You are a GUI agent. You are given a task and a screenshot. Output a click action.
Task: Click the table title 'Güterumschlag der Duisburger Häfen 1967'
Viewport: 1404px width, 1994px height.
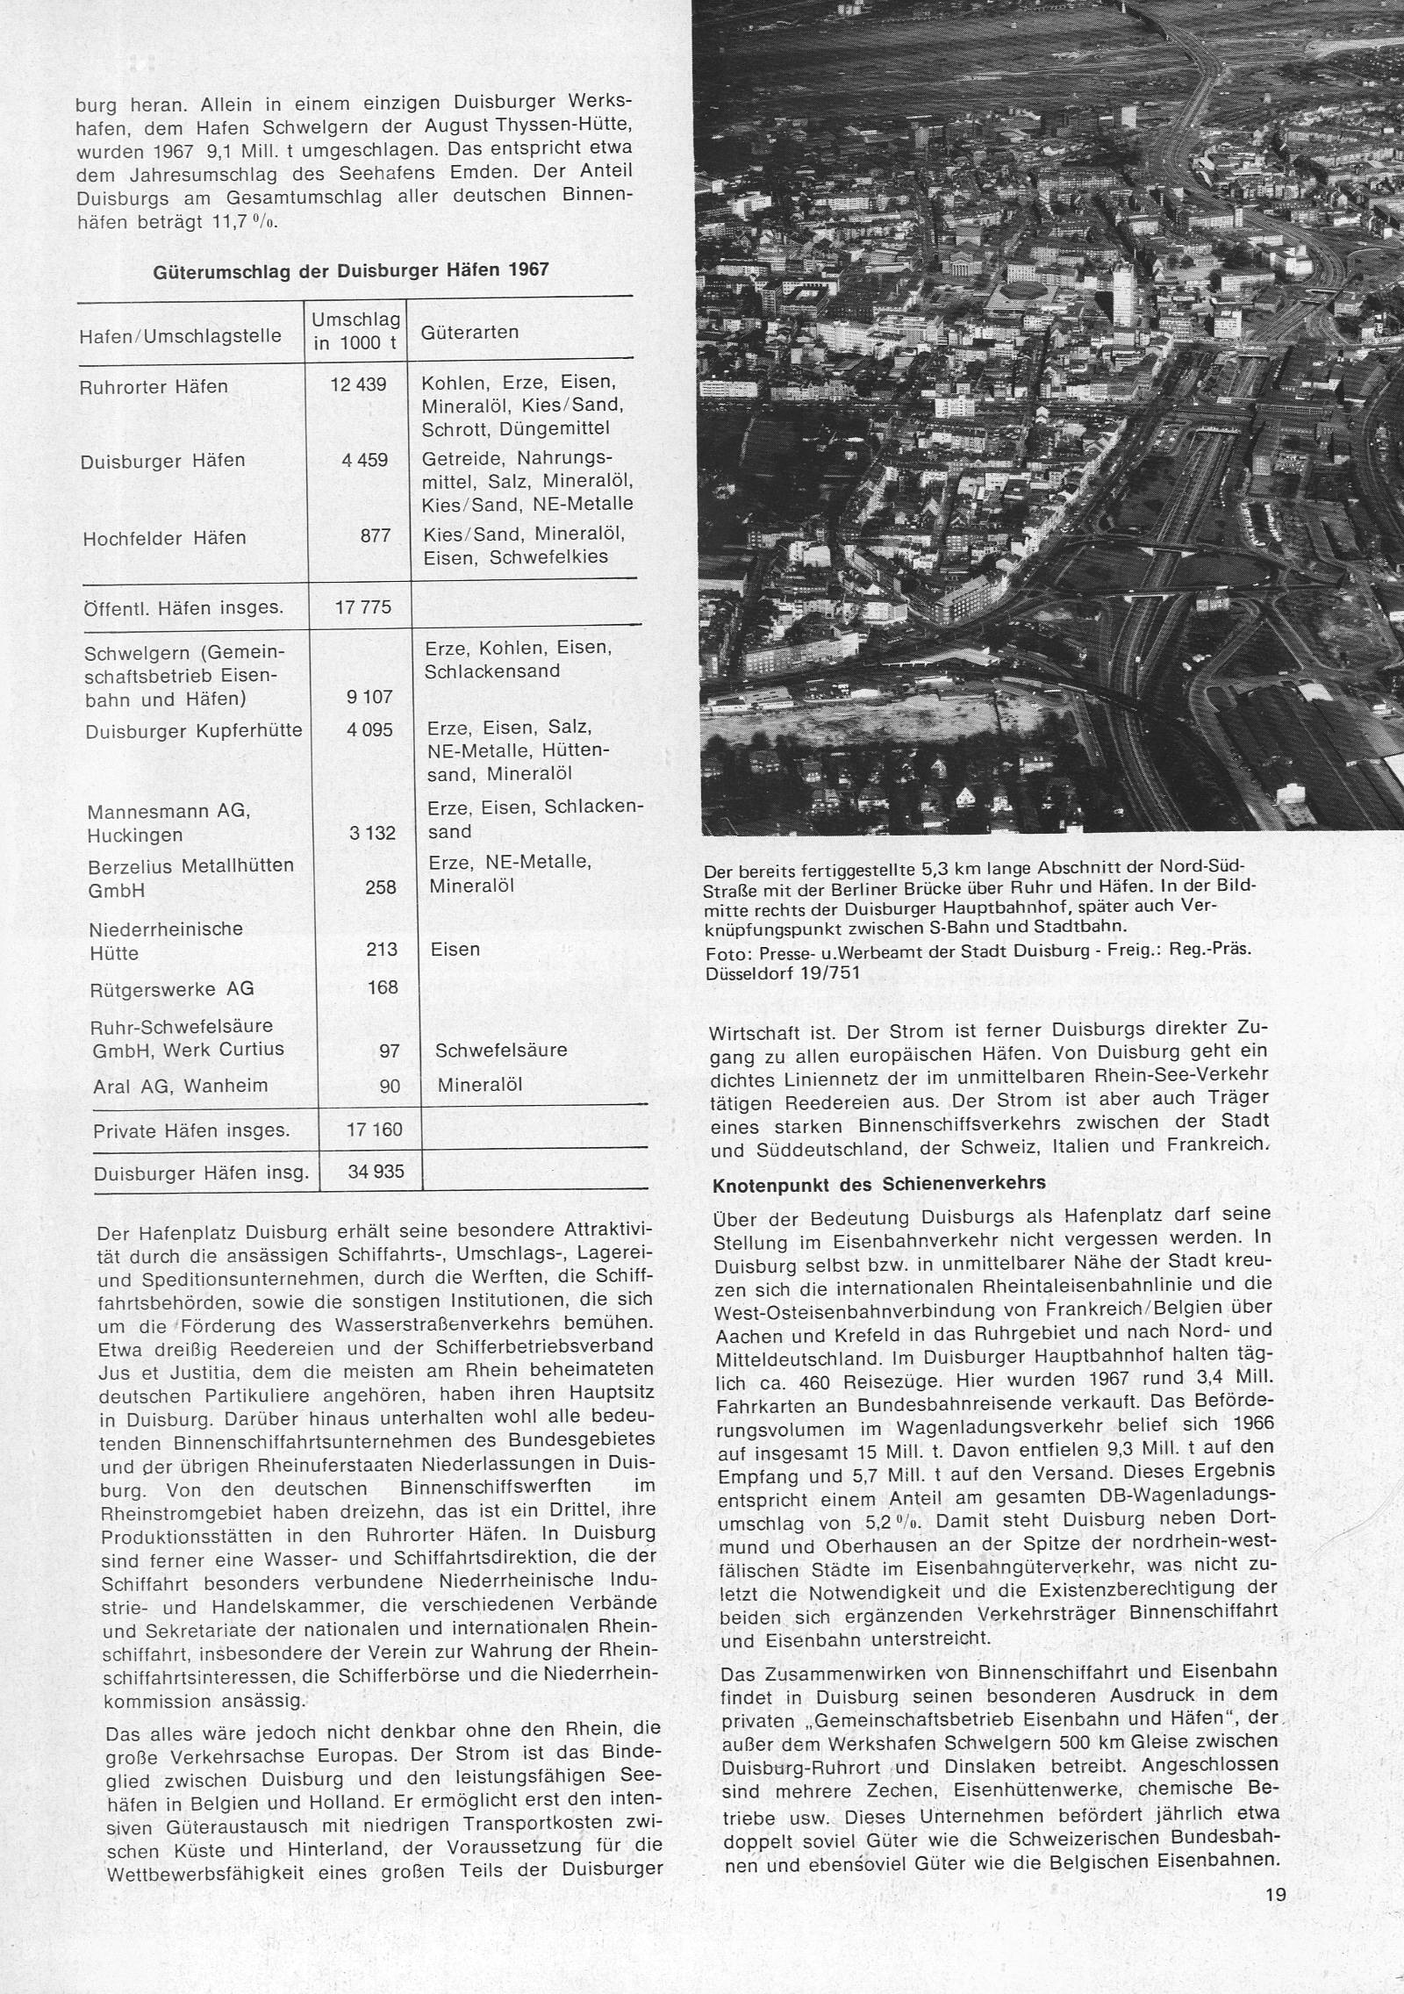pos(351,270)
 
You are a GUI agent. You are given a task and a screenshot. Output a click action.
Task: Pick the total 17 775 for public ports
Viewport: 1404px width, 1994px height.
pos(363,607)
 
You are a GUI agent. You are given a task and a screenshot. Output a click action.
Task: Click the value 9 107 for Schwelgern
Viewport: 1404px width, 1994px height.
pos(375,697)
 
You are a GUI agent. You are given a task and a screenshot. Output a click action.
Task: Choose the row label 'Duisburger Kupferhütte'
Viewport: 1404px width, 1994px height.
pos(194,730)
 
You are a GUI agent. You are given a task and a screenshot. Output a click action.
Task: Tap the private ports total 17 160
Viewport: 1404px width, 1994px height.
pos(375,1130)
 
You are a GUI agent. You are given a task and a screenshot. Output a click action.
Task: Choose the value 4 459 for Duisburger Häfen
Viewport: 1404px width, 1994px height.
pos(367,460)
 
